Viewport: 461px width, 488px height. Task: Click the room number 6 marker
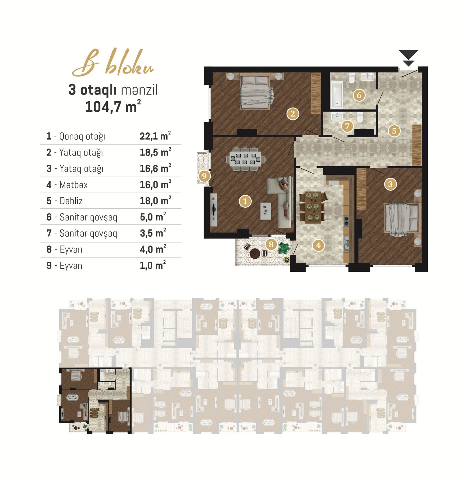click(x=359, y=95)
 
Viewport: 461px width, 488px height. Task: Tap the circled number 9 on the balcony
click(x=204, y=176)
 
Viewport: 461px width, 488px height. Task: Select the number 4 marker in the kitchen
click(x=318, y=245)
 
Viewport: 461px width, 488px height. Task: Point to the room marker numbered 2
click(x=293, y=114)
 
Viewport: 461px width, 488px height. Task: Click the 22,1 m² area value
click(x=155, y=136)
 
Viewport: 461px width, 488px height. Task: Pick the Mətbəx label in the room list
click(x=74, y=185)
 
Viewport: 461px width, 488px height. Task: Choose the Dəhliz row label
click(x=71, y=201)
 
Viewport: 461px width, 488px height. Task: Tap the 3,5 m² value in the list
click(x=153, y=233)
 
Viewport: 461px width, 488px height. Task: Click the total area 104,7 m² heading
click(x=113, y=107)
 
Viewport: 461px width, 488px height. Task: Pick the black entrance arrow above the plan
click(x=409, y=58)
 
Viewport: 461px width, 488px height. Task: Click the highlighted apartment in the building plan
click(x=95, y=400)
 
